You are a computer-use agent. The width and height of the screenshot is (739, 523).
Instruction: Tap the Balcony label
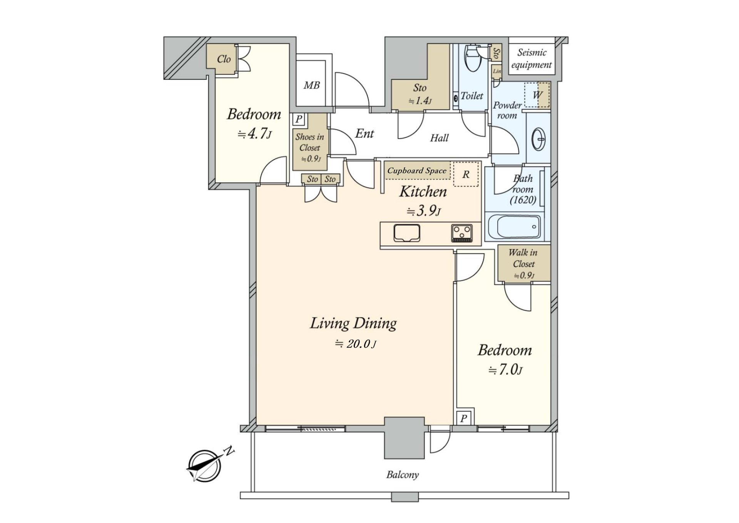[x=402, y=474]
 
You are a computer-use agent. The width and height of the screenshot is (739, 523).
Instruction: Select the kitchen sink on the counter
[x=406, y=234]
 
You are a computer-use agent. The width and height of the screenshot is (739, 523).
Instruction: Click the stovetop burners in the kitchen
[x=461, y=234]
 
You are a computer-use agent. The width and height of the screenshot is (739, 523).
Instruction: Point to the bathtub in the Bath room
[x=513, y=227]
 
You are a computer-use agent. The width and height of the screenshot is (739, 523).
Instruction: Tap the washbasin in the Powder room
[x=538, y=138]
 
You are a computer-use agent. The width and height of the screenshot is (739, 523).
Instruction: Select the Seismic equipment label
[x=532, y=59]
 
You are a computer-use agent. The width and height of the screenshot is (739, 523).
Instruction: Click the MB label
[x=311, y=85]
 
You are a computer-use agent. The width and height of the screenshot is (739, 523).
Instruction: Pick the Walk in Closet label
[x=523, y=258]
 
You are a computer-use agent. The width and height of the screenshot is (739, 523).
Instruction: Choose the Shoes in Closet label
[x=310, y=142]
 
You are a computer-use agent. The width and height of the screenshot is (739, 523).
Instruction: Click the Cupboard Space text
[x=417, y=170]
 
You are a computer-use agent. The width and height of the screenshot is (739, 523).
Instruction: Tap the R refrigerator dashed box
[x=466, y=174]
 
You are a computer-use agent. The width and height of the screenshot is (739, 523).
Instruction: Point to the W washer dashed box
[x=537, y=95]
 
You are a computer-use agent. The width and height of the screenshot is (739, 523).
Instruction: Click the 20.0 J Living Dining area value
[x=356, y=344]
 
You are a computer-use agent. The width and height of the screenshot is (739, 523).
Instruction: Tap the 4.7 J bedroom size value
[x=254, y=134]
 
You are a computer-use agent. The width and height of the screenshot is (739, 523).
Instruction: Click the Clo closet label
[x=224, y=59]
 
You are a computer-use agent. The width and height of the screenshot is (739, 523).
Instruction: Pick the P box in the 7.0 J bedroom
[x=464, y=418]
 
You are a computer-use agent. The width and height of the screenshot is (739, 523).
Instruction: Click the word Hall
[x=439, y=138]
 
